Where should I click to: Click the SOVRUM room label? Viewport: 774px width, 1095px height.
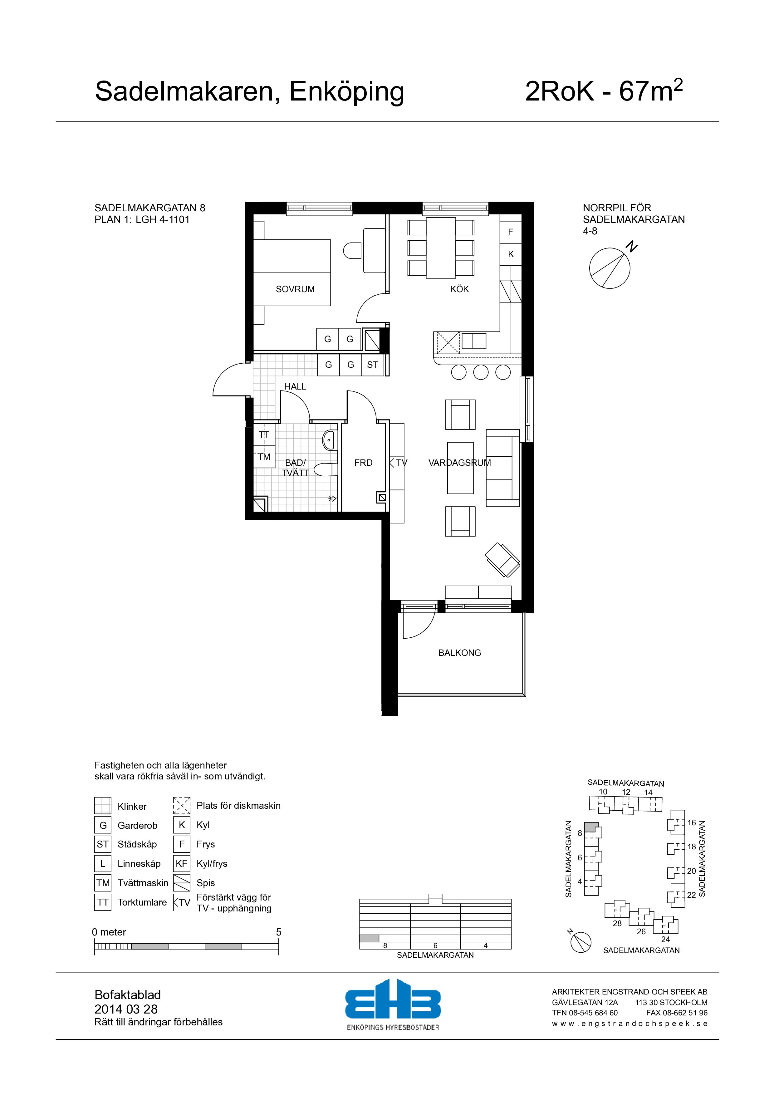[x=295, y=289]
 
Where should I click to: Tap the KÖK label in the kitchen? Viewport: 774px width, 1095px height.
[x=459, y=289]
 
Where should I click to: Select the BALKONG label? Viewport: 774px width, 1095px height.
[x=460, y=653]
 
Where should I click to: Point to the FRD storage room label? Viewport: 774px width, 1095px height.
[x=363, y=463]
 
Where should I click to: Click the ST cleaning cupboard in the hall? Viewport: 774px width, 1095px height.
[x=372, y=365]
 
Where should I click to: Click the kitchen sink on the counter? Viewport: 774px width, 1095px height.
[x=474, y=341]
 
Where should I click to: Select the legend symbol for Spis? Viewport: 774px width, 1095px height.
[x=182, y=883]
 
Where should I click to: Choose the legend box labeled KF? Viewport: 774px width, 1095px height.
[x=182, y=863]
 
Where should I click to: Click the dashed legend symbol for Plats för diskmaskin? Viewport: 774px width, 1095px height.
[x=182, y=806]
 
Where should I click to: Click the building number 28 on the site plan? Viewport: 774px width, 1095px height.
[x=617, y=924]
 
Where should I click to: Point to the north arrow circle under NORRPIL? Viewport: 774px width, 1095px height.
[x=610, y=268]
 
